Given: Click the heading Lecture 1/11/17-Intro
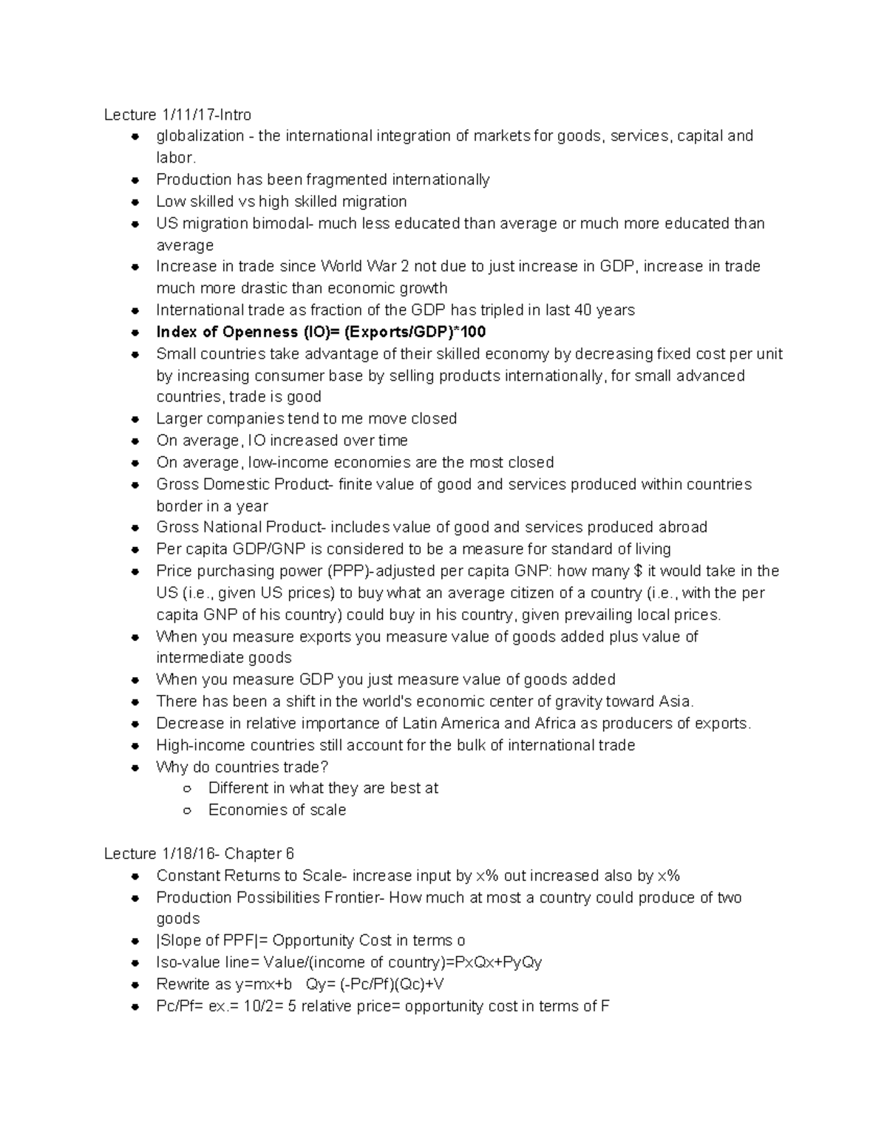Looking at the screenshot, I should point(177,115).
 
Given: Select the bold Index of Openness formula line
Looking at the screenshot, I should point(321,332).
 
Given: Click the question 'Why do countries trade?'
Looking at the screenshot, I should point(242,767).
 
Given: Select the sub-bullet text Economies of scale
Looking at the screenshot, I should point(277,810).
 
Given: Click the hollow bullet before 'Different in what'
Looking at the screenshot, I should point(188,789).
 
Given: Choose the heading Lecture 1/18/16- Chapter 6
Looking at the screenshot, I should point(199,854).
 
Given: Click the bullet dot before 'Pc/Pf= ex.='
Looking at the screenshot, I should point(135,1007).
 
